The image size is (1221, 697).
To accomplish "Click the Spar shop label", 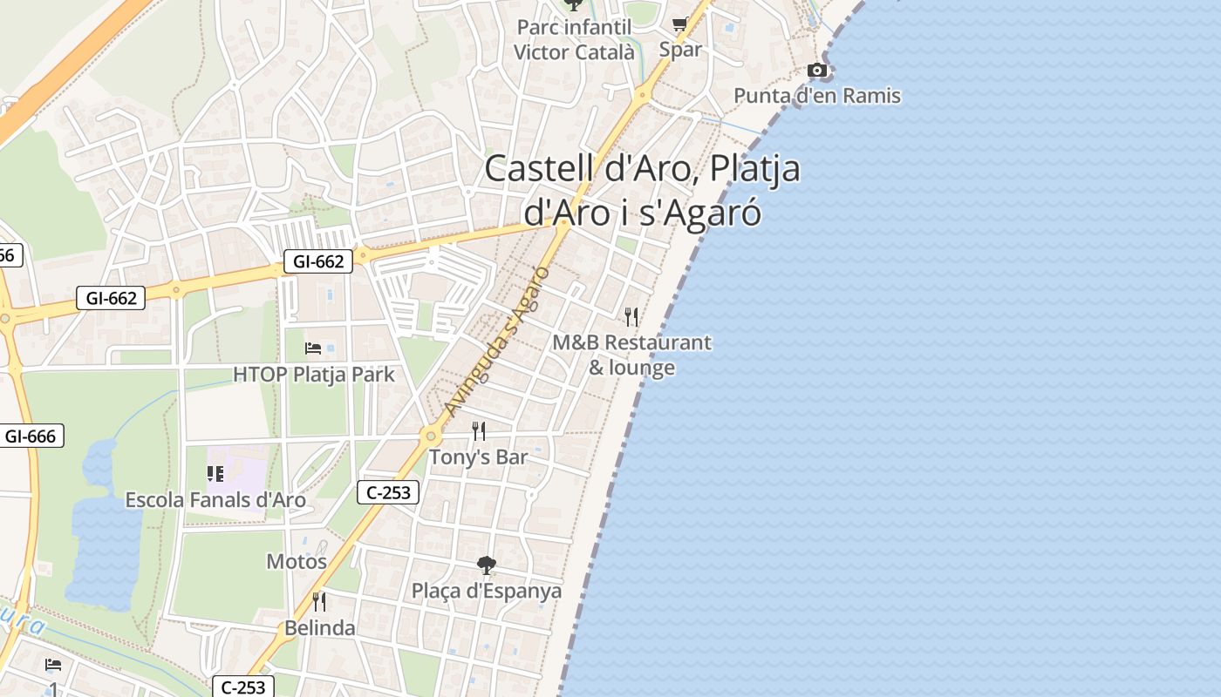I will pos(680,50).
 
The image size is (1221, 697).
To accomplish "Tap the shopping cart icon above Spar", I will pos(680,24).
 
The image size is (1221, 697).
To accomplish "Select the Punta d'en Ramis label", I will pos(817,96).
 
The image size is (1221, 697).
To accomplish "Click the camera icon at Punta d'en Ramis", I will pos(817,70).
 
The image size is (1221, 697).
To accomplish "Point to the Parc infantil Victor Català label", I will pos(574,40).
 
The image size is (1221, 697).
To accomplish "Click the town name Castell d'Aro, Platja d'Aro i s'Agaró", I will pos(642,190).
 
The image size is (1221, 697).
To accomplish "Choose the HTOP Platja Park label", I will pos(314,375).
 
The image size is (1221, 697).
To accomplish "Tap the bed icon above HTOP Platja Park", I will pos(314,348).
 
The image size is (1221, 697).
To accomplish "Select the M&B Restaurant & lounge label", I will pos(632,355).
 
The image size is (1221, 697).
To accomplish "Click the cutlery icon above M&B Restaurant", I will pos(632,316).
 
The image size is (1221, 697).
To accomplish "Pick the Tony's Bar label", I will pos(479,457).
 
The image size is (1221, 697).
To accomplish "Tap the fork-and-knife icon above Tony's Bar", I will pos(479,430).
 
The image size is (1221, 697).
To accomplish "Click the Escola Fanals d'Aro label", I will pos(215,500).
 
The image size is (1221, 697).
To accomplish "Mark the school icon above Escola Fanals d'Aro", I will pos(215,474).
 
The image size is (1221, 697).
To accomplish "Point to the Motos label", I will pos(297,562).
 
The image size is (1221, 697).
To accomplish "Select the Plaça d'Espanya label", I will pos(487,591).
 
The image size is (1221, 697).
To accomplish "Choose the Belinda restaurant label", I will pos(320,628).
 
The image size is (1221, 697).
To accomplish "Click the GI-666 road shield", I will pos(31,436).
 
